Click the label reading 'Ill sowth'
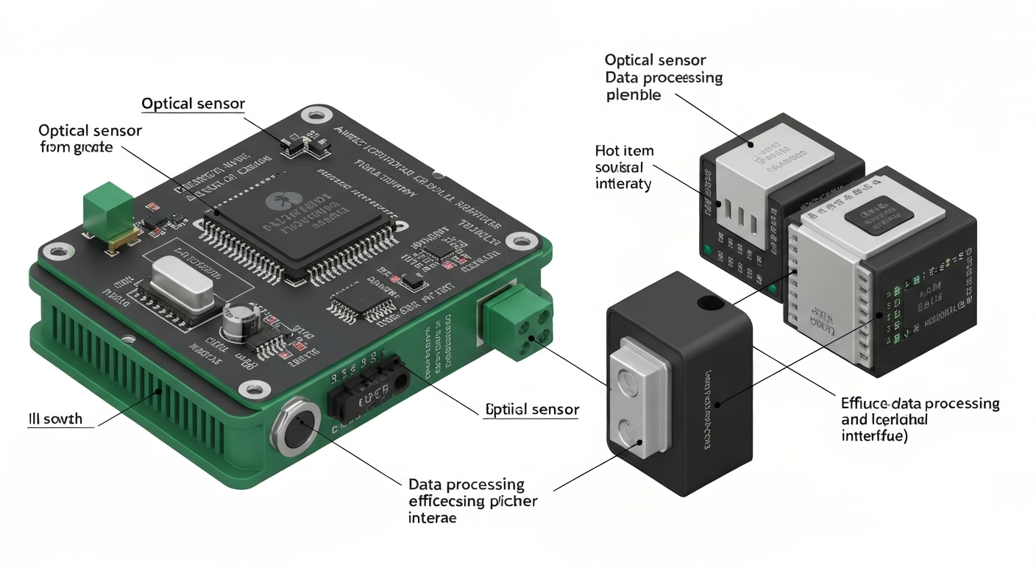pyautogui.click(x=56, y=419)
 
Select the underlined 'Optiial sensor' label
pyautogui.click(x=532, y=410)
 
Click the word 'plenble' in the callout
pyautogui.click(x=634, y=95)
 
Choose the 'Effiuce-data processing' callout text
pyautogui.click(x=920, y=404)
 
